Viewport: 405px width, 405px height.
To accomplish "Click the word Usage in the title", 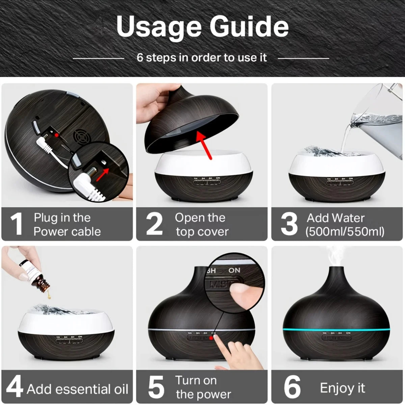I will tap(158, 27).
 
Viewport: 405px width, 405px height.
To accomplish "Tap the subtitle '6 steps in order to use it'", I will tap(201, 58).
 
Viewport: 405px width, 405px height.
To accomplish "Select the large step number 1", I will tap(16, 224).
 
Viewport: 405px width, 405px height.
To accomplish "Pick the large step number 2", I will tap(154, 224).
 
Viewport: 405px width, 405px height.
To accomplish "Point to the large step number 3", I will tap(289, 224).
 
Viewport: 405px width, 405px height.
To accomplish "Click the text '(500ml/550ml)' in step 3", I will tap(345, 232).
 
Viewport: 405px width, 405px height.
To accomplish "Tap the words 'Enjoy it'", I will tap(342, 388).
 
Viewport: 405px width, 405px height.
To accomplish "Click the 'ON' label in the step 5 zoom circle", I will tap(234, 270).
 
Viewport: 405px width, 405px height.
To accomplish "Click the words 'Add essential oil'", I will tap(77, 389).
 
